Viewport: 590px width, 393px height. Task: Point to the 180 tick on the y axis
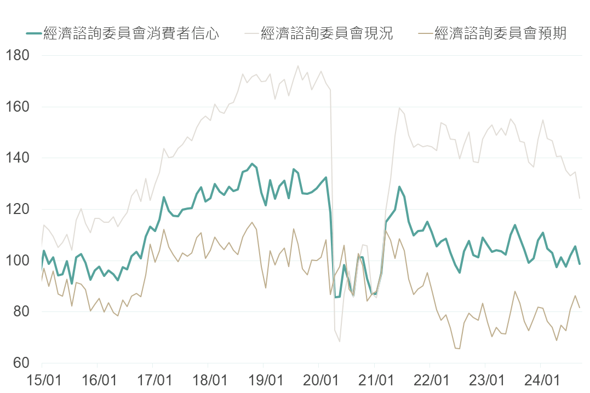tap(18, 56)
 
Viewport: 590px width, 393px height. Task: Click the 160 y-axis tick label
tap(18, 107)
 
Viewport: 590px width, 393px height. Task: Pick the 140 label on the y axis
tap(18, 158)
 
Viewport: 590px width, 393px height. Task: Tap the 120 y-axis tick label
tap(18, 209)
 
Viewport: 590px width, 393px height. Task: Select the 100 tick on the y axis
tap(18, 261)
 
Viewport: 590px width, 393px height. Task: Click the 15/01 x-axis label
tap(42, 379)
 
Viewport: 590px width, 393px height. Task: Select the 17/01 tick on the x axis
tap(152, 379)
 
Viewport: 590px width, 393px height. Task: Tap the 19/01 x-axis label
tap(264, 379)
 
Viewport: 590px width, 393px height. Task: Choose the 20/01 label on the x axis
tap(319, 379)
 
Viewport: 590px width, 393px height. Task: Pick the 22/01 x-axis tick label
tap(430, 379)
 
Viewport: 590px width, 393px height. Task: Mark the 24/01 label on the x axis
tap(541, 379)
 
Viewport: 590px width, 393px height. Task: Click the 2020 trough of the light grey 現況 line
tap(340, 342)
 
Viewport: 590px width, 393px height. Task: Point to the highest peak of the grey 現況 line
tap(298, 66)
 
